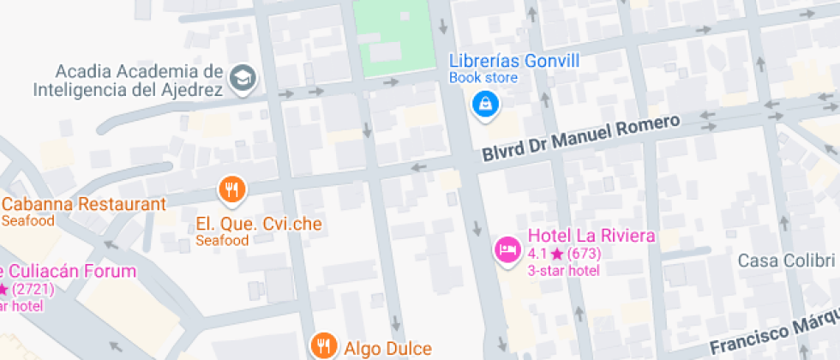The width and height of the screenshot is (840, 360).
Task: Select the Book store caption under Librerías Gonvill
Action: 483,78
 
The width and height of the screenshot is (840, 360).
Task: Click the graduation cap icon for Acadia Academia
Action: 244,78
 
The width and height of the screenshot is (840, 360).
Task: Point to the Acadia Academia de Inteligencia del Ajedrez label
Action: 129,80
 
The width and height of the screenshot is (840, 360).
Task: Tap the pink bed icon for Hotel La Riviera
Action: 507,249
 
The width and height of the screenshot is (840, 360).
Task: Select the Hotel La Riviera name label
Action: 591,236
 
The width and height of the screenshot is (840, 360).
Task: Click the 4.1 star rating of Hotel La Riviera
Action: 564,254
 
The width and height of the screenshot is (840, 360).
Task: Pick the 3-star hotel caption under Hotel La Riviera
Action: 563,270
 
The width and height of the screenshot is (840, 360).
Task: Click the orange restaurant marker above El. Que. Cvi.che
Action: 231,189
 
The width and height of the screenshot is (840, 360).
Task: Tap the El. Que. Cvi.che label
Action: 259,225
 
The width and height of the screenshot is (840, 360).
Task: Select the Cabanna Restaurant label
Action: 83,205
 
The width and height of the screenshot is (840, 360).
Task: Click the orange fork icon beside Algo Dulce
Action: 323,345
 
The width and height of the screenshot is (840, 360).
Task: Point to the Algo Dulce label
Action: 388,348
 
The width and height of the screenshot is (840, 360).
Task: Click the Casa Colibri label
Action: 786,261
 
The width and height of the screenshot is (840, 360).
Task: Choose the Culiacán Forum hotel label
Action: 69,272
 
